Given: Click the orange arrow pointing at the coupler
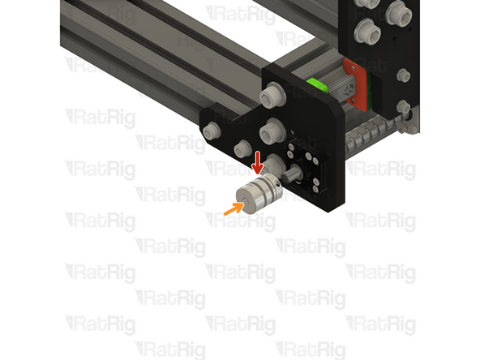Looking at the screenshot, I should pos(233,209).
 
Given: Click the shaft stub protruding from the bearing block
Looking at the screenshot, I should pos(294,172).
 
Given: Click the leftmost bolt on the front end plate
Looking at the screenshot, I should pos(213,131).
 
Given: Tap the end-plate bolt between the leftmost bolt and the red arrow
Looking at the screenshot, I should pos(241,148).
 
